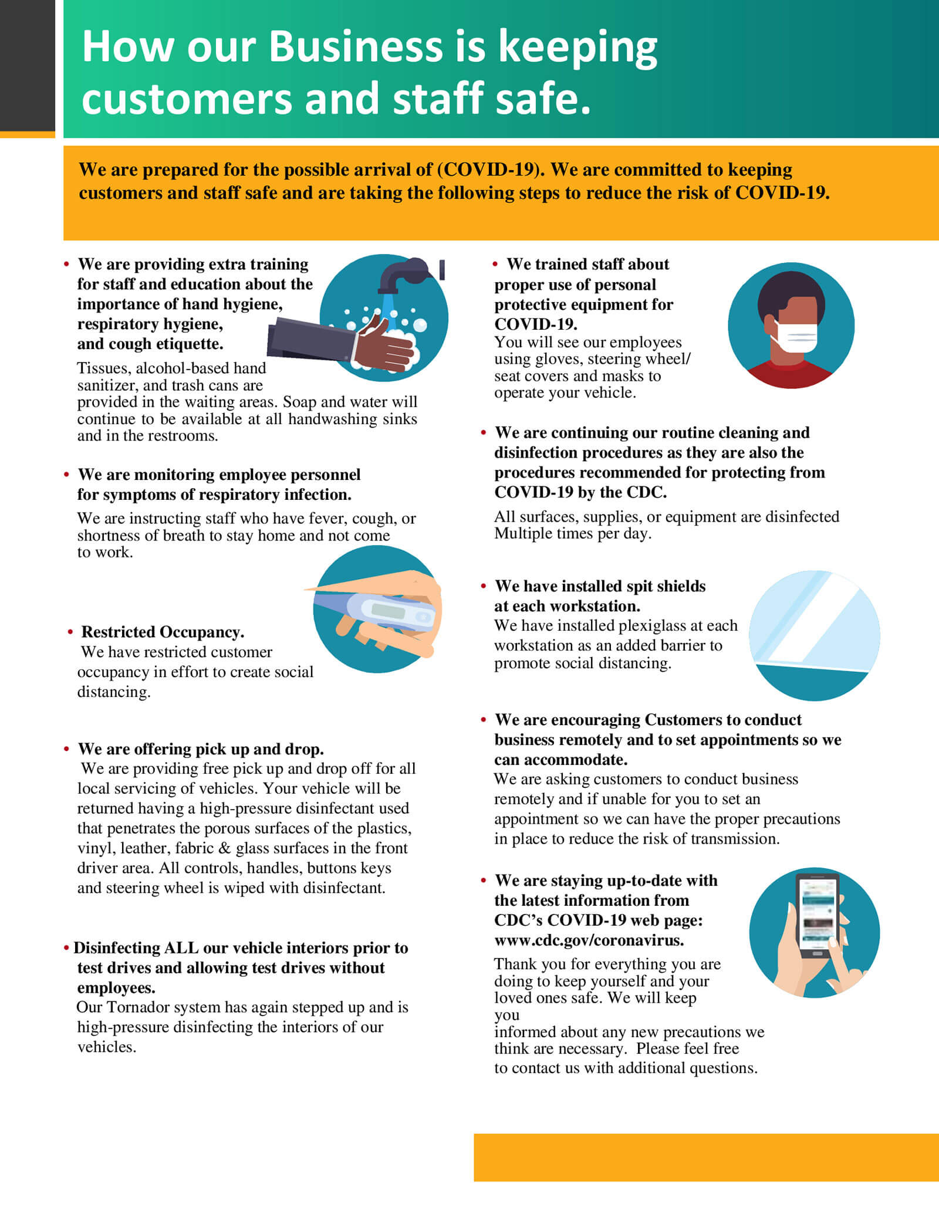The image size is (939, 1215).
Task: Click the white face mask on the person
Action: click(x=794, y=336)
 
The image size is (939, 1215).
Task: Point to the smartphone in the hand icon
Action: click(x=816, y=916)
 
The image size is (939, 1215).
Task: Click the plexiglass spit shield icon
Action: click(x=815, y=635)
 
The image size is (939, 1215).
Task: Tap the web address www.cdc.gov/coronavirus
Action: click(x=589, y=940)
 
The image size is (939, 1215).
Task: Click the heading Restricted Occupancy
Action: click(x=163, y=632)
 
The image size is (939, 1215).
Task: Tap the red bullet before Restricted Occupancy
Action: click(x=70, y=632)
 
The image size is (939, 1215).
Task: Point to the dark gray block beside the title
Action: click(x=28, y=65)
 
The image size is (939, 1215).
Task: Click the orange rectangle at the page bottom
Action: click(x=706, y=1157)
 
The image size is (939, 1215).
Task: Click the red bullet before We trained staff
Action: click(x=496, y=265)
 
